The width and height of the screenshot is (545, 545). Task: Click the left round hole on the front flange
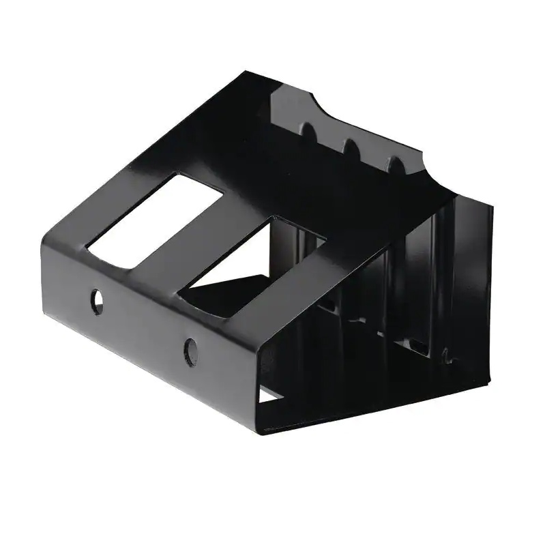click(98, 301)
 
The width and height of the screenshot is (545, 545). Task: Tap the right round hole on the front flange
click(191, 351)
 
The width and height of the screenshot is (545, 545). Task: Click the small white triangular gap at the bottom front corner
click(268, 394)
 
